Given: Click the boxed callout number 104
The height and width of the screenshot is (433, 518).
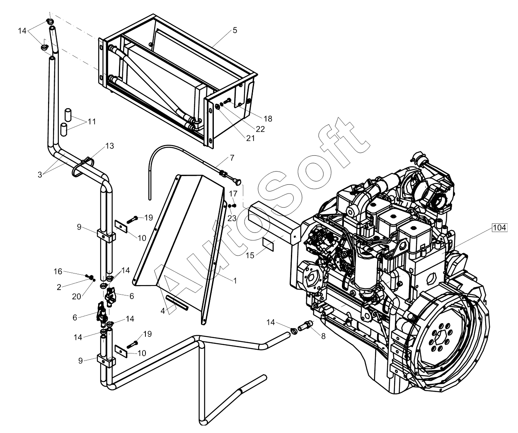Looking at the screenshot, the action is tap(499, 227).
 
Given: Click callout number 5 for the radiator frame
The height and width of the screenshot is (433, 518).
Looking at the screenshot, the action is tap(235, 30).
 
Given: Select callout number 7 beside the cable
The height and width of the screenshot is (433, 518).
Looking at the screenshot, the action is tap(232, 158).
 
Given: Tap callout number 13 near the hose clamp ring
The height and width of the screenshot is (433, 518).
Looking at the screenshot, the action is tap(110, 146).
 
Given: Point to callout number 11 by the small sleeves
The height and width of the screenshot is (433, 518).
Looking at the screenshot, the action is tap(92, 121).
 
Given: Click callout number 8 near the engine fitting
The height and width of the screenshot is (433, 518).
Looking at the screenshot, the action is tap(323, 336).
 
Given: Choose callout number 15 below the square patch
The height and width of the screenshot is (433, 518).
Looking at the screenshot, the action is tap(250, 255).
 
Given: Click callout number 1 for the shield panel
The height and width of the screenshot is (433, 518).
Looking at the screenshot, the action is tap(235, 281).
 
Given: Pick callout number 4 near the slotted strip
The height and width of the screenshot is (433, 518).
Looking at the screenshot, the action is tap(162, 311).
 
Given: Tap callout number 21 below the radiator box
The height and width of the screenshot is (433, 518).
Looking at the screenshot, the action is tap(251, 138).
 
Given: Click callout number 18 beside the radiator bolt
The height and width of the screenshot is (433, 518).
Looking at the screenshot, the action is tap(268, 119).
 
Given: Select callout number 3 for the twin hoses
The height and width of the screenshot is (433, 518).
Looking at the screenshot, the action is tap(40, 175).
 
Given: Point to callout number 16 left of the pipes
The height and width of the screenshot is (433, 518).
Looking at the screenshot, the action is tap(58, 271).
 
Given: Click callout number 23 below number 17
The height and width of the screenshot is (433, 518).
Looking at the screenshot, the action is tap(232, 218).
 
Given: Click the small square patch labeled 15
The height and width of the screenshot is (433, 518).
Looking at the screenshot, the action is tap(268, 244).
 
